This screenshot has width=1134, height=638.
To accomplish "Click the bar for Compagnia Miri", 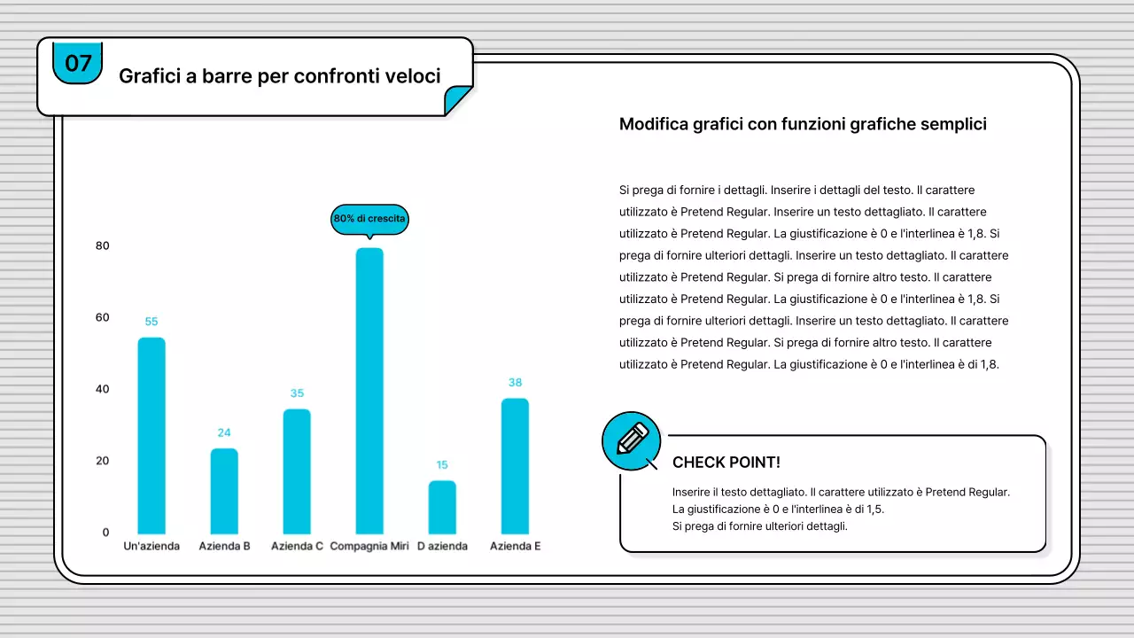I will pyautogui.click(x=369, y=390).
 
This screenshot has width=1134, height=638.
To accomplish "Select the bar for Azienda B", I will pyautogui.click(x=224, y=491).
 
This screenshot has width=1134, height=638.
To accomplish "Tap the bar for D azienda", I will pyautogui.click(x=442, y=507).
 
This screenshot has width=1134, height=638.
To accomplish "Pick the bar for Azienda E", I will pyautogui.click(x=515, y=466).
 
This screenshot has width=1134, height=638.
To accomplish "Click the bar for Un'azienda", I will pyautogui.click(x=151, y=435).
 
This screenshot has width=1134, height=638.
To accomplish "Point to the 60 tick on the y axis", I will pyautogui.click(x=103, y=317).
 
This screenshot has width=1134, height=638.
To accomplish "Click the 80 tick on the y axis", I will pyautogui.click(x=103, y=245).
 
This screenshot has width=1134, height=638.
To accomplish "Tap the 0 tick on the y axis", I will pyautogui.click(x=105, y=532).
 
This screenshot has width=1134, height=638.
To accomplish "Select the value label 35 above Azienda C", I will pyautogui.click(x=297, y=393).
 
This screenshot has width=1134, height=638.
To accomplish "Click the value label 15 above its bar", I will pyautogui.click(x=442, y=464).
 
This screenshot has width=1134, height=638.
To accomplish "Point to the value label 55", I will pyautogui.click(x=151, y=322).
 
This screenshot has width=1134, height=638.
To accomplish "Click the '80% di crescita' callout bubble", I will pyautogui.click(x=369, y=218).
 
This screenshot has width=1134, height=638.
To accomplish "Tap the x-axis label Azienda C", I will pyautogui.click(x=297, y=546).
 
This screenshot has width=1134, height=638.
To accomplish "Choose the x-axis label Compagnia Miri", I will pyautogui.click(x=369, y=546).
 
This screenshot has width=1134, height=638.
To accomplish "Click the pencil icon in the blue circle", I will pyautogui.click(x=632, y=440).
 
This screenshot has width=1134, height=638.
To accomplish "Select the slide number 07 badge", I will pyautogui.click(x=78, y=63).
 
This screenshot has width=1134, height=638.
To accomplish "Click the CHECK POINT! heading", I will pyautogui.click(x=726, y=463).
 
